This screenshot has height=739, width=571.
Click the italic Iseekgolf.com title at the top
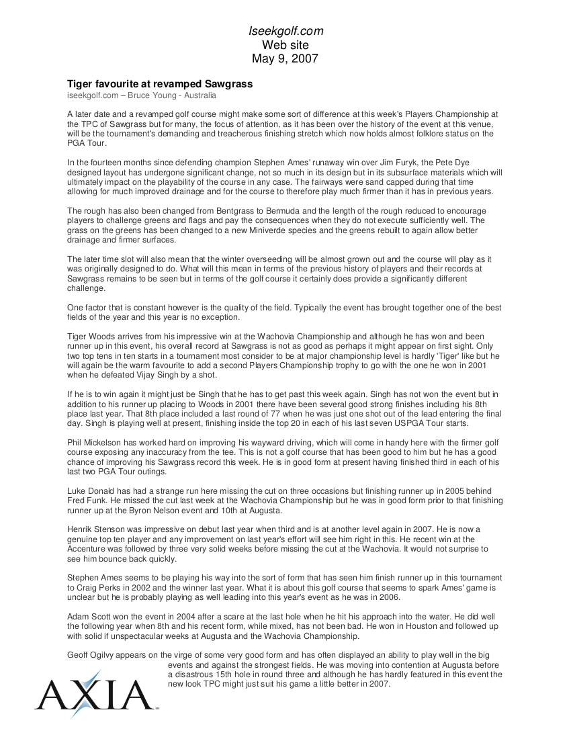(285, 31)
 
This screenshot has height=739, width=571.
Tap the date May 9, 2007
(285, 58)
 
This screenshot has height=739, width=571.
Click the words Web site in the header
(285, 44)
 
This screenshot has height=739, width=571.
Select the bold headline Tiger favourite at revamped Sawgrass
(159, 84)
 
